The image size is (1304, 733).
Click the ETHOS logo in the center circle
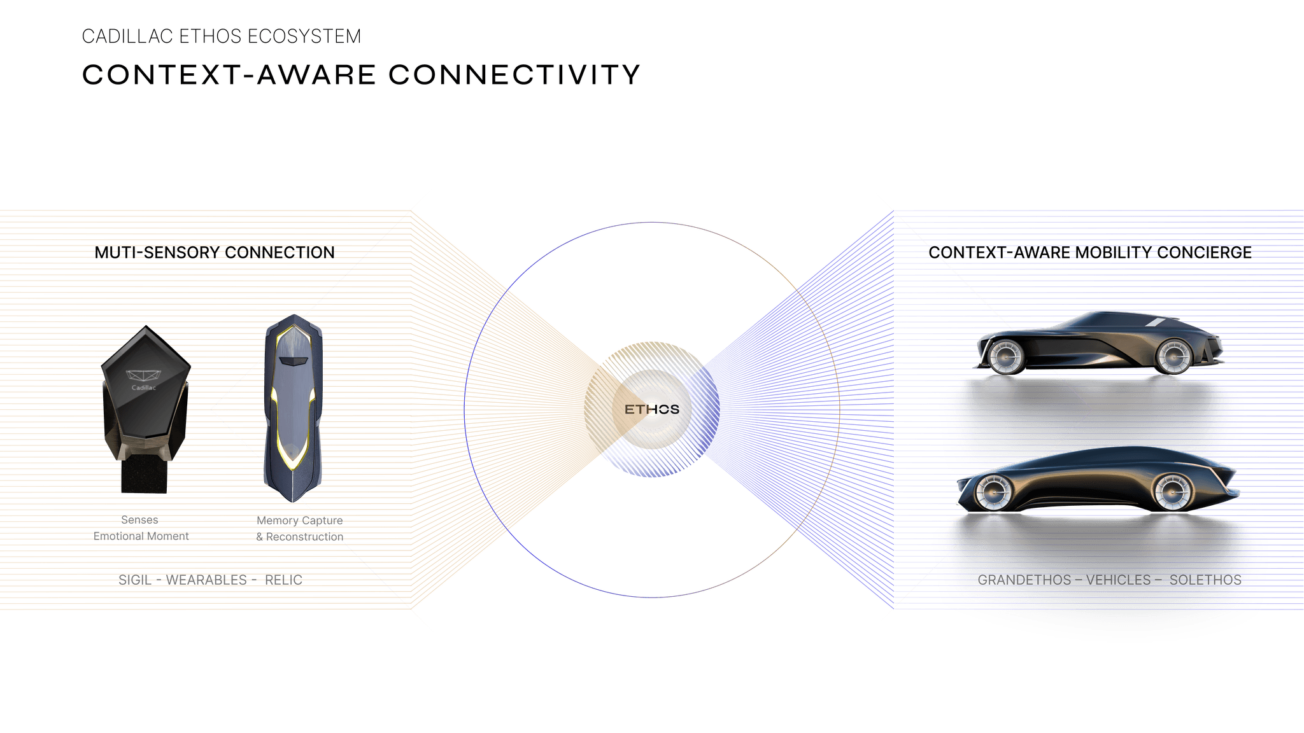pyautogui.click(x=652, y=409)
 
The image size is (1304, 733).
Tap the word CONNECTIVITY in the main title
pyautogui.click(x=514, y=75)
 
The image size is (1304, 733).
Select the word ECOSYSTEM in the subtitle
pyautogui.click(x=304, y=36)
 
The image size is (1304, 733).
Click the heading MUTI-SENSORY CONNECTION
pyautogui.click(x=215, y=253)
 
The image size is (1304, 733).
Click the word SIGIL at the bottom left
pyautogui.click(x=135, y=580)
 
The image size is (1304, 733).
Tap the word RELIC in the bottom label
pyautogui.click(x=283, y=580)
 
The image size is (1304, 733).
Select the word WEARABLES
pyautogui.click(x=206, y=580)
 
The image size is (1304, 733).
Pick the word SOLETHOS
pyautogui.click(x=1205, y=580)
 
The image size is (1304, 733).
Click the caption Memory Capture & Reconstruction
pyautogui.click(x=300, y=529)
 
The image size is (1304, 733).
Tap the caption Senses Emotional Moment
pyautogui.click(x=141, y=528)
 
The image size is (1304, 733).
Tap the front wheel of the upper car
pyautogui.click(x=1173, y=357)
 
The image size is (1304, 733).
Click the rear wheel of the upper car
pyautogui.click(x=1005, y=357)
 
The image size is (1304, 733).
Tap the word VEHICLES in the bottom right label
pyautogui.click(x=1118, y=580)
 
